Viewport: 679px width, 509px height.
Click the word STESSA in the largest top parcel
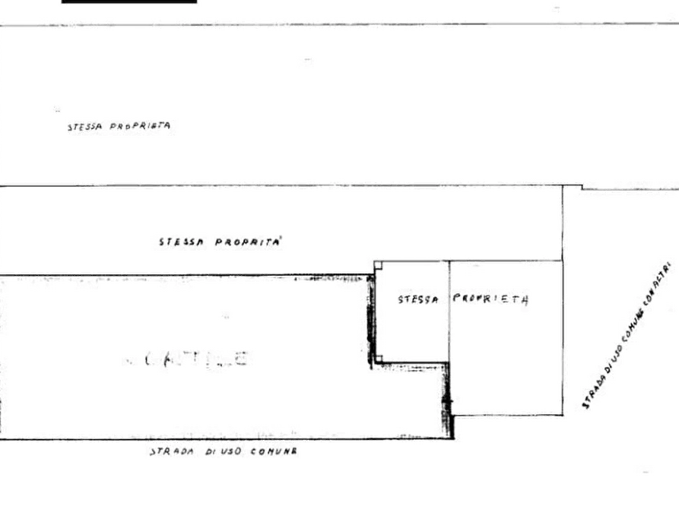(85, 128)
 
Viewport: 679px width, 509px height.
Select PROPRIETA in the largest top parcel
(139, 127)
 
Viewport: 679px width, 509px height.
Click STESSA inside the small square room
(417, 300)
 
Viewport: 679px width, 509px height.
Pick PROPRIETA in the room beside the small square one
(491, 299)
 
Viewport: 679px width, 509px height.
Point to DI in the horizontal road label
(205, 453)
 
